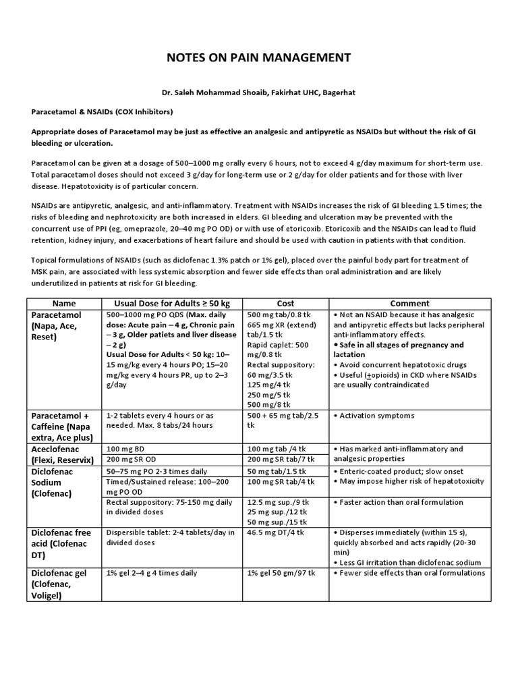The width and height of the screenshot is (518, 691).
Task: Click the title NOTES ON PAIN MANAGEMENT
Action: [x=258, y=57]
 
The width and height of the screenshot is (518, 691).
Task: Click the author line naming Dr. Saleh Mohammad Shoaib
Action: [x=258, y=96]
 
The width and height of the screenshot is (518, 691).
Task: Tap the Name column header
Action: [x=64, y=304]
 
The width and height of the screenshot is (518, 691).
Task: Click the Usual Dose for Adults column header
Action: [x=173, y=304]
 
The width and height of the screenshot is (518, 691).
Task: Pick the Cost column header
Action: [x=286, y=304]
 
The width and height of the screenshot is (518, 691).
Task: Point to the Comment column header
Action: [x=409, y=304]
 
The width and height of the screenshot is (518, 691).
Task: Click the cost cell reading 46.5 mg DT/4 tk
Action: [x=276, y=532]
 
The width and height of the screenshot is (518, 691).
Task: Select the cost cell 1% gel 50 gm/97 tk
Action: [x=282, y=573]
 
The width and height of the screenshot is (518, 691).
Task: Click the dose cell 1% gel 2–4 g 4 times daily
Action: [x=152, y=573]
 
